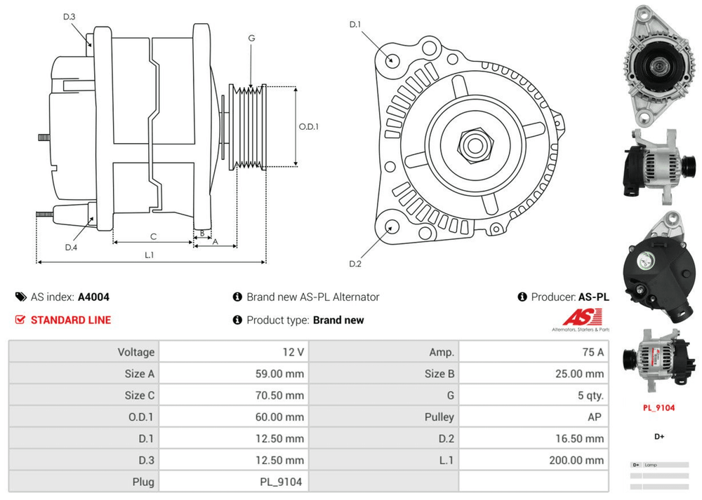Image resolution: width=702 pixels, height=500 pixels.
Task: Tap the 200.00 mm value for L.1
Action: click(576, 460)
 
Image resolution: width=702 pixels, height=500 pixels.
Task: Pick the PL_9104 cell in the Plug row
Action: click(281, 482)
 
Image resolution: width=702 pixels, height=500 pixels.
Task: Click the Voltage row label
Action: click(135, 352)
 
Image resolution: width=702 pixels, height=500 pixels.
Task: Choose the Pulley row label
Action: click(439, 417)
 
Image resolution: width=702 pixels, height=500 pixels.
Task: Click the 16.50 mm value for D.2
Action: click(580, 438)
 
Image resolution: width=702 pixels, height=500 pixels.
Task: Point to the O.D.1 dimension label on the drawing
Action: click(309, 127)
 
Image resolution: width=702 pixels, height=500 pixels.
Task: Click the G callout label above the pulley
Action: click(251, 38)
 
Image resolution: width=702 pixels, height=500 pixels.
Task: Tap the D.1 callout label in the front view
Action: click(355, 25)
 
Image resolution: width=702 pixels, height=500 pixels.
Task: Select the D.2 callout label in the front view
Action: click(355, 264)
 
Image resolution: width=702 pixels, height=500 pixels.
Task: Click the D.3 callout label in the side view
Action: click(69, 16)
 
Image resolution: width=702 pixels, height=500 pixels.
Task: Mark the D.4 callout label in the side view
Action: click(70, 247)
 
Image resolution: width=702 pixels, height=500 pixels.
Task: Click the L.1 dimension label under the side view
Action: click(150, 255)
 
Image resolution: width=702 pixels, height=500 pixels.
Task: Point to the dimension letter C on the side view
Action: click(152, 236)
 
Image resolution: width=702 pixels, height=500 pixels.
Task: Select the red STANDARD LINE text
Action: click(70, 320)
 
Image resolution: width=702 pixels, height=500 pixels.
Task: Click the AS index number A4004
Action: click(93, 297)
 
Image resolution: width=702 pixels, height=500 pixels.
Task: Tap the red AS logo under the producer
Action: click(580, 317)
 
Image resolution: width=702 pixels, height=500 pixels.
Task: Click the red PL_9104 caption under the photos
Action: click(658, 407)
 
